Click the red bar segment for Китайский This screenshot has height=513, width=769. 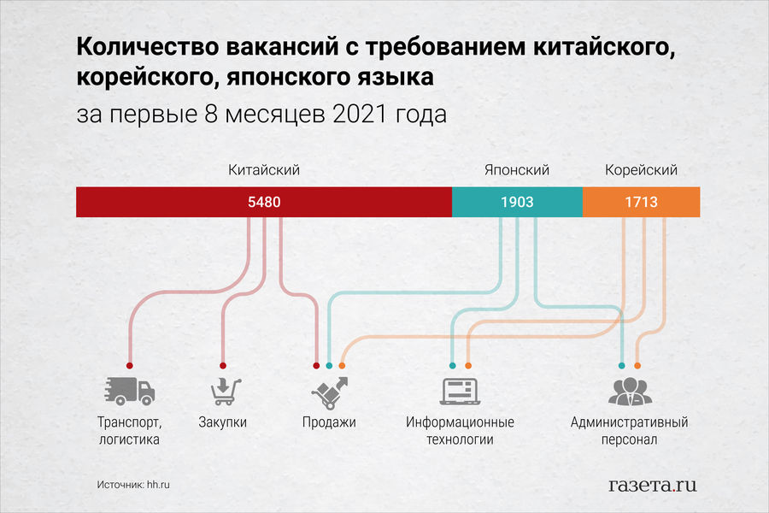tap(264, 202)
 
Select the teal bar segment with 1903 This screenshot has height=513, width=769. tap(518, 202)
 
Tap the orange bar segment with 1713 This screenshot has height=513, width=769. tap(641, 202)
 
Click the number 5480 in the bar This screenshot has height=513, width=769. tap(264, 202)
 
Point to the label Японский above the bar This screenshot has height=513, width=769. tap(517, 170)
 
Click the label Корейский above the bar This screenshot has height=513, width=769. tap(641, 170)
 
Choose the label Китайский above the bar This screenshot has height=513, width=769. tap(264, 170)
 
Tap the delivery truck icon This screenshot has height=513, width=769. tap(130, 392)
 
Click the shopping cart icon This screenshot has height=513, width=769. tap(226, 392)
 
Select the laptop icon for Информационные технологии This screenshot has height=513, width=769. tap(460, 392)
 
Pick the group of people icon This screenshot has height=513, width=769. tap(631, 392)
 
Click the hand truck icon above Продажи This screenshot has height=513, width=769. tap(330, 392)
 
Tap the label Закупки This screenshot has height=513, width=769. tap(223, 422)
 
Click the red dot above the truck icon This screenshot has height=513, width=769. tap(130, 366)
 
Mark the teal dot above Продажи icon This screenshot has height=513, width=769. tap(329, 366)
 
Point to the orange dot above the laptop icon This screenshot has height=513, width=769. tap(468, 366)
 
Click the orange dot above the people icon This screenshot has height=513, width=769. tap(637, 366)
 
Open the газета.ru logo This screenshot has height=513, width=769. tap(652, 485)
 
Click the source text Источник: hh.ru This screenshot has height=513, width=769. tap(133, 485)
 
